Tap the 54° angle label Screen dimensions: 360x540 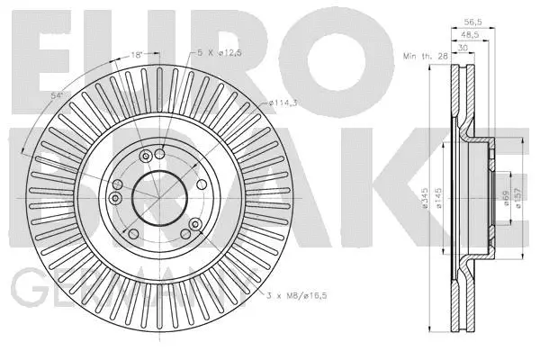(x=56, y=95)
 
